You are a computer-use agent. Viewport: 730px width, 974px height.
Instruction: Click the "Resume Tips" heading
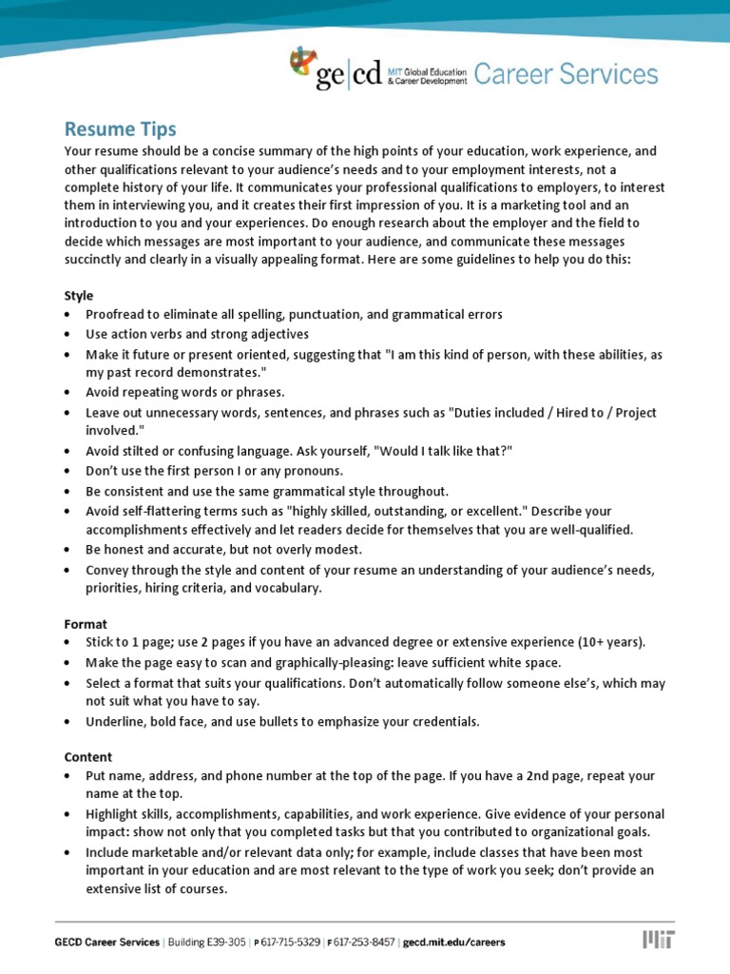point(120,128)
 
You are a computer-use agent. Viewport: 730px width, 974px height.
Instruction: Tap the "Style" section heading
point(79,296)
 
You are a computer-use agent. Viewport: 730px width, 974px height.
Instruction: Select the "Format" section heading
point(86,624)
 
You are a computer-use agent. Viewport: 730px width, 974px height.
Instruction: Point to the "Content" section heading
point(88,757)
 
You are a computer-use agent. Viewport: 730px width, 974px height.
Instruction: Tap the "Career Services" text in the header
point(566,74)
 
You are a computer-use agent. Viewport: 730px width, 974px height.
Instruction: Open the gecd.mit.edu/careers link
point(454,943)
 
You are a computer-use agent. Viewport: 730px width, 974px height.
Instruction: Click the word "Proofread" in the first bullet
point(116,315)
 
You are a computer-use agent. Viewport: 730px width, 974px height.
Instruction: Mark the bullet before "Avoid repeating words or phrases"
point(68,393)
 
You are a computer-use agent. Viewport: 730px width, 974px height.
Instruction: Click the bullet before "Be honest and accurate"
point(68,551)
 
